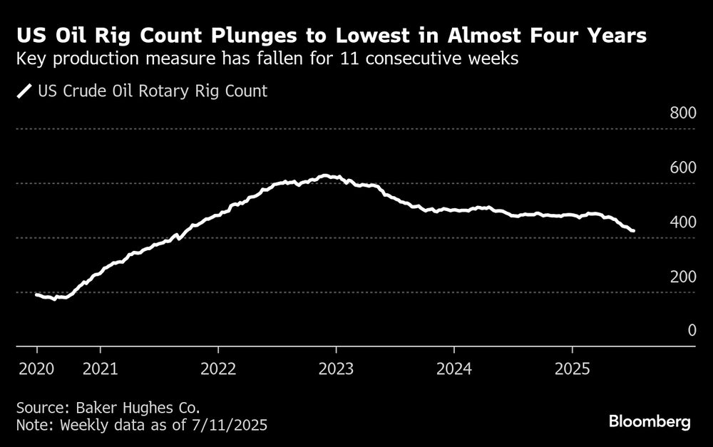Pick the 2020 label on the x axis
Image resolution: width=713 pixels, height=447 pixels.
pos(37,370)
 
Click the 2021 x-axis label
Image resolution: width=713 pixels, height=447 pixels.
pos(101,370)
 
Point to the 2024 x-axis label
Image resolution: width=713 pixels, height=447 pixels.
pos(454,370)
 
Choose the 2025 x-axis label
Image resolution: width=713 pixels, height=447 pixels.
pos(572,370)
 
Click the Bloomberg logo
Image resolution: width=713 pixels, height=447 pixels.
pos(650,422)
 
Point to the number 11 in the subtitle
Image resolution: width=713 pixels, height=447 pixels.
pos(345,60)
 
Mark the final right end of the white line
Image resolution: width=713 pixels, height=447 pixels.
pos(634,230)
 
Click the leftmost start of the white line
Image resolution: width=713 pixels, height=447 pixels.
pos(36,294)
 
